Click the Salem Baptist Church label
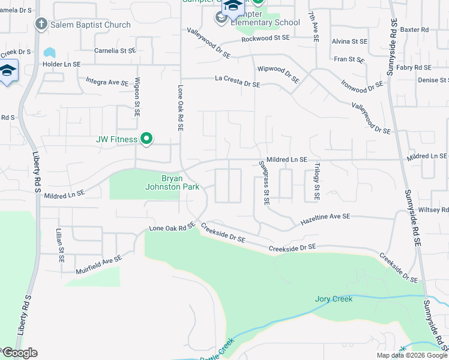tap(90, 25)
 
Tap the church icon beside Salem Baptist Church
tap(41, 25)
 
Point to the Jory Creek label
tap(334, 299)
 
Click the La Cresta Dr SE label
tap(238, 82)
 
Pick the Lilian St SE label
tap(60, 246)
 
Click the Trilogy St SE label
tap(316, 182)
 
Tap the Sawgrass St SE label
tap(264, 182)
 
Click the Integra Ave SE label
tap(107, 81)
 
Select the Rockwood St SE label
tap(265, 38)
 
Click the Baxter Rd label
tap(414, 29)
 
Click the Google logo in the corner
tap(19, 353)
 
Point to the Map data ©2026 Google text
tap(412, 355)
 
